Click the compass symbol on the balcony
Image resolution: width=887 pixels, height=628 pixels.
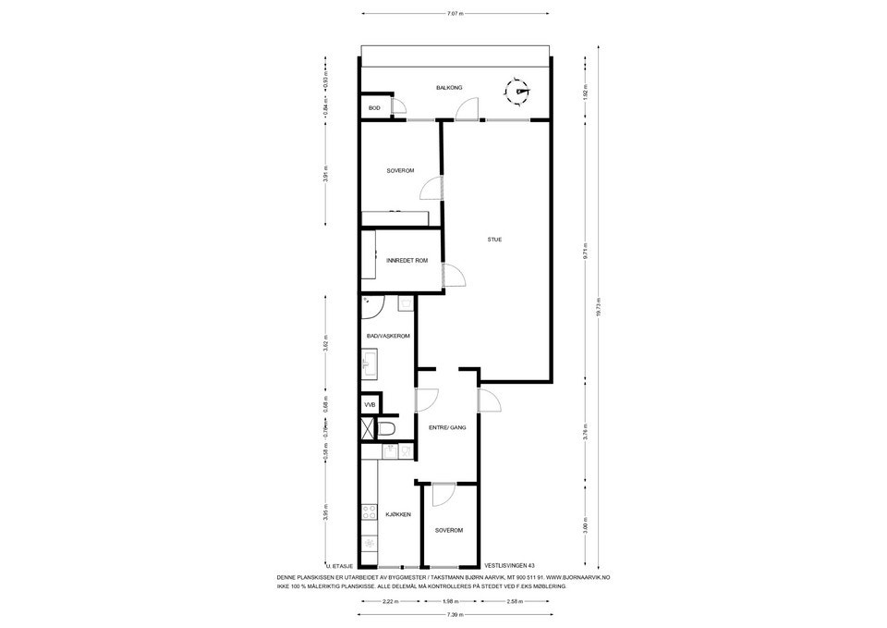point(518,92)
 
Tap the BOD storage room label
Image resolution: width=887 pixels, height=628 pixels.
point(374,108)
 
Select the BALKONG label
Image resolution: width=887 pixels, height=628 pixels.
point(449,87)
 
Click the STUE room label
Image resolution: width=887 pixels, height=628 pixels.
point(495,240)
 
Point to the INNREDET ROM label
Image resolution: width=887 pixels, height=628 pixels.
point(407,261)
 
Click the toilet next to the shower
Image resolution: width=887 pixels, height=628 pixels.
point(387,428)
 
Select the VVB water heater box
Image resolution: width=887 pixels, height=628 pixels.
point(370,405)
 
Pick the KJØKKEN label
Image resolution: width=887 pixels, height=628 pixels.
point(398,513)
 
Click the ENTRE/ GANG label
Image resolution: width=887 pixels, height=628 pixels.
point(446,427)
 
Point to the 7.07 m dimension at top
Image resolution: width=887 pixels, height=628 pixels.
point(455,14)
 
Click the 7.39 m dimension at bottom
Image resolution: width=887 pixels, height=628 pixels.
point(454,615)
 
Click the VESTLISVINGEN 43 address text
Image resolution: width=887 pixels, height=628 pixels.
point(509,565)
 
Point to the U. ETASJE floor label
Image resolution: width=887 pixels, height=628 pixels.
point(339,565)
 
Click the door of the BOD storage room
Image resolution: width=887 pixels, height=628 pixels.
point(399,107)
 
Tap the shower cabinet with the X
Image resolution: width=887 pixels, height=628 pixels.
point(368,429)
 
